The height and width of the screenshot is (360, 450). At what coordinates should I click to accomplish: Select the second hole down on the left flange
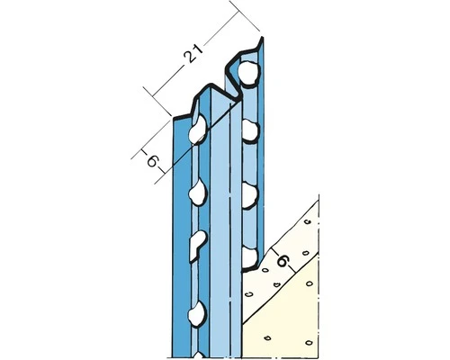195,193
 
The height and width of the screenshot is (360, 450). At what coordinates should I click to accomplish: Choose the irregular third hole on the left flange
197,244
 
